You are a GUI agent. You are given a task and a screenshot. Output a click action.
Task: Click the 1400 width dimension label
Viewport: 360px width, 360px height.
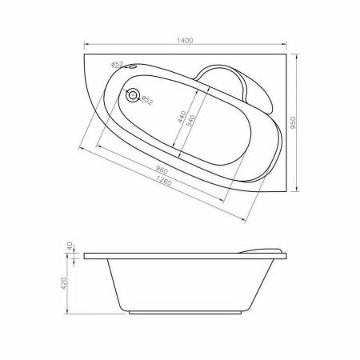pyautogui.click(x=186, y=40)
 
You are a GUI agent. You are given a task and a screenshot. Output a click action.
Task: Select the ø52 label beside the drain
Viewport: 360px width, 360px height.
pyautogui.click(x=147, y=100)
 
